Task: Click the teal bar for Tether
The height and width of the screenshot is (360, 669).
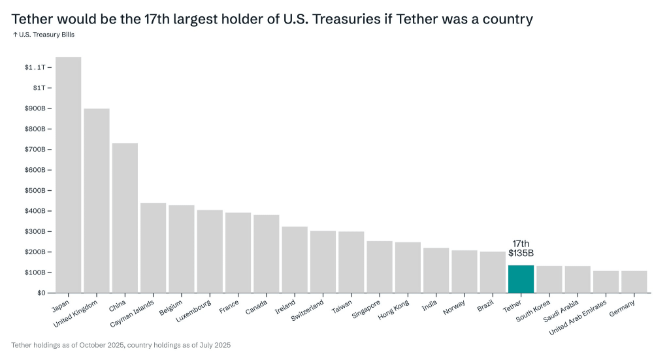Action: tap(521, 279)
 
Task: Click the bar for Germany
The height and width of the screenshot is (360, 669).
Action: tap(634, 282)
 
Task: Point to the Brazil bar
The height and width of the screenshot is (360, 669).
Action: tap(493, 272)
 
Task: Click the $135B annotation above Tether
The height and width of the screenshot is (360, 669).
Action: tap(521, 254)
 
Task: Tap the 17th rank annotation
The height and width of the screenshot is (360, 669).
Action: tap(521, 244)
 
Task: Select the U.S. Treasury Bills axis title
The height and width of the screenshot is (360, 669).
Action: tap(44, 35)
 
